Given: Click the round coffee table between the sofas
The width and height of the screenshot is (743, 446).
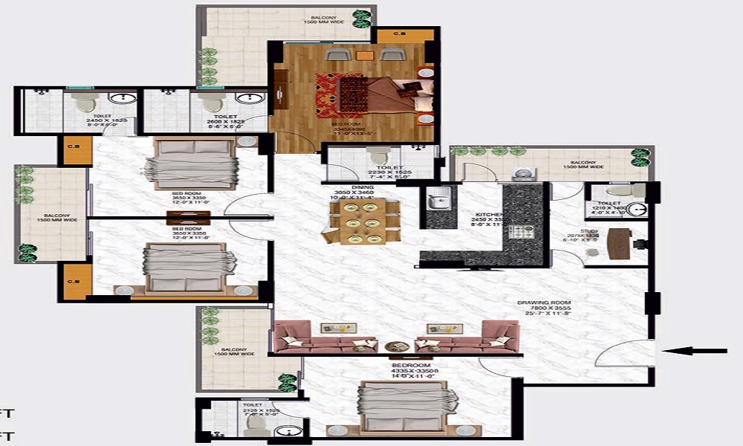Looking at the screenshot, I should click(x=397, y=346).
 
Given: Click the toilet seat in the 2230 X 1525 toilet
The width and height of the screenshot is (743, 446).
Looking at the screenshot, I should click(x=379, y=155).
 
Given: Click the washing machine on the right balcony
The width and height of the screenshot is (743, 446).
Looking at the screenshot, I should click(x=525, y=173).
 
